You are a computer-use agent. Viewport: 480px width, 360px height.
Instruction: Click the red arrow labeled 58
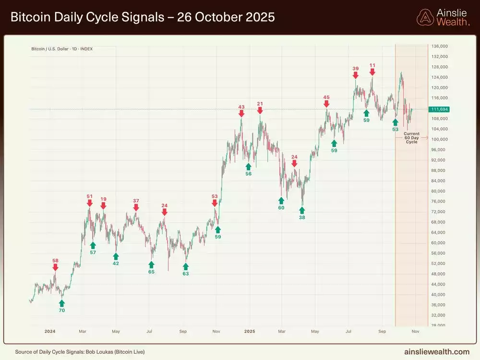point(55,267)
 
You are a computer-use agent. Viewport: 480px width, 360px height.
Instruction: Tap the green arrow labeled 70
point(61,303)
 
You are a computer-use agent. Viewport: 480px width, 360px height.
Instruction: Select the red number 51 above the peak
point(89,196)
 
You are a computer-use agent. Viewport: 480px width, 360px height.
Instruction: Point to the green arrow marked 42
point(116,256)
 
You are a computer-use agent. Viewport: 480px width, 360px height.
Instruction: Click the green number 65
point(151,272)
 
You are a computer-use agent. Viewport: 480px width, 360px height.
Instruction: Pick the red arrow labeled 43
point(241,113)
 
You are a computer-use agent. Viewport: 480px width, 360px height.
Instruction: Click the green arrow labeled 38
point(302,209)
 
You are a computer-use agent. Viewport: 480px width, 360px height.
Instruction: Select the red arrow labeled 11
point(372,72)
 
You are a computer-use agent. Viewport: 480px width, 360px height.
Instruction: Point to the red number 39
point(356,69)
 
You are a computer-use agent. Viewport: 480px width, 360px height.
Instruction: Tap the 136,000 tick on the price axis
point(440,46)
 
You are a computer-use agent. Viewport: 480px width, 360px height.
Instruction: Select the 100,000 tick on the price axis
point(440,140)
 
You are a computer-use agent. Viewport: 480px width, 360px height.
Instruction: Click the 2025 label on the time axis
point(249,331)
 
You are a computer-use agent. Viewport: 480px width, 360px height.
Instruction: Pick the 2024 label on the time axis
point(50,331)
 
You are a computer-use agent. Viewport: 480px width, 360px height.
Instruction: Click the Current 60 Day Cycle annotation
point(411,138)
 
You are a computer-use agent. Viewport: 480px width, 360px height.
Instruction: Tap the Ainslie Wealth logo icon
point(425,17)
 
